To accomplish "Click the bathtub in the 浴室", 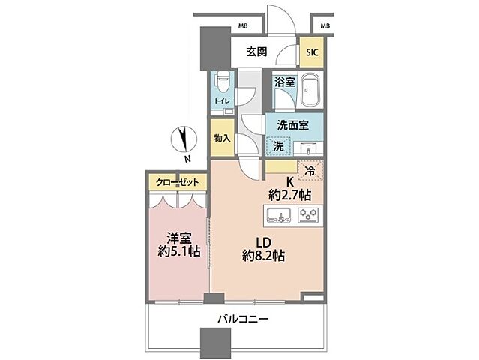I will pyautogui.click(x=310, y=93).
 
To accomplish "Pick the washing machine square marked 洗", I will pyautogui.click(x=278, y=145).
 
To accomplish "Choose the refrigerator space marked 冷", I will pyautogui.click(x=310, y=171).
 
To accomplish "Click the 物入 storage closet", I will pyautogui.click(x=222, y=139).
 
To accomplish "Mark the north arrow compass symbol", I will pyautogui.click(x=181, y=139).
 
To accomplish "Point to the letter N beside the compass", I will pyautogui.click(x=187, y=159).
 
